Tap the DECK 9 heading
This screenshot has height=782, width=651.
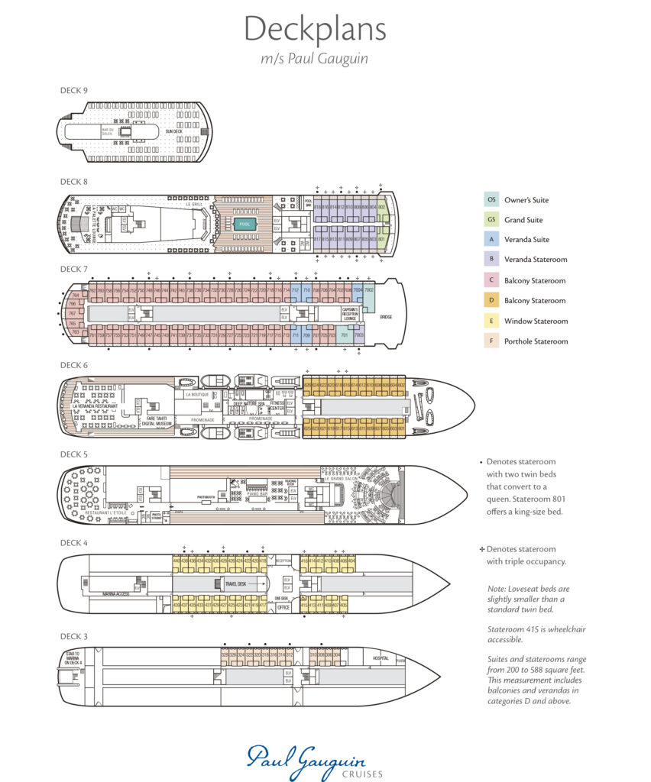(x=74, y=90)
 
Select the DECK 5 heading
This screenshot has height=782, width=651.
(x=74, y=454)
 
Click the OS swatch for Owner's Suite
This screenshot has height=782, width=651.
(x=491, y=200)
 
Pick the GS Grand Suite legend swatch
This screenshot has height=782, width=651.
(x=491, y=220)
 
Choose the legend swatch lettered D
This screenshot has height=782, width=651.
(x=491, y=301)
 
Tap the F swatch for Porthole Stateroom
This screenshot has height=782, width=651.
(x=491, y=341)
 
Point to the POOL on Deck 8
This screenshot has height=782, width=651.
(x=245, y=225)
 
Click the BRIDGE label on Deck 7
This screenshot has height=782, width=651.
(x=385, y=315)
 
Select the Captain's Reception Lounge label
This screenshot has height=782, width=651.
(x=350, y=314)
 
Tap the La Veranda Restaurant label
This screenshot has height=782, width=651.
(x=95, y=406)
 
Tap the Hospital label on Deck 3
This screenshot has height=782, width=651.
(x=381, y=658)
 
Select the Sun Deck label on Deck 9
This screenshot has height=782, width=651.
(x=173, y=131)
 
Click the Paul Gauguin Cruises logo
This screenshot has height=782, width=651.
(x=306, y=761)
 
